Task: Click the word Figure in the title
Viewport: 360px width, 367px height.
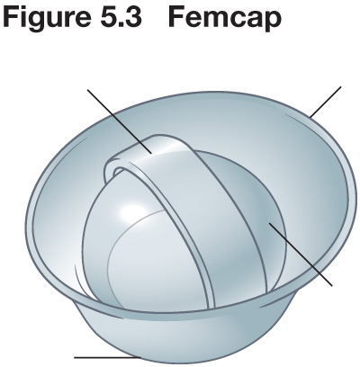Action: [x=46, y=16]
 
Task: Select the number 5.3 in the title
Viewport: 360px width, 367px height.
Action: [x=121, y=16]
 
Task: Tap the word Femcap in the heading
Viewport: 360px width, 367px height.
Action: [x=225, y=18]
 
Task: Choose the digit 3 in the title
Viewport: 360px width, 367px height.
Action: [x=133, y=16]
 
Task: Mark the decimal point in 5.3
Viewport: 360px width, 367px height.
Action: [x=121, y=25]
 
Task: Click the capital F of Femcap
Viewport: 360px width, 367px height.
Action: [x=177, y=16]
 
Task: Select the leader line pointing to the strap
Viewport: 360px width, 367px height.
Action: [x=120, y=121]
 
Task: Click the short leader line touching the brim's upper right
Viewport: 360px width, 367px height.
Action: [x=326, y=102]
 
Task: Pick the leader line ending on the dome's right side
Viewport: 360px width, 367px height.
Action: [x=301, y=254]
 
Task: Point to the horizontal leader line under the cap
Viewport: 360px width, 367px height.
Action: [x=107, y=357]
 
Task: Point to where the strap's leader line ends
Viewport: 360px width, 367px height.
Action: [x=152, y=154]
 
